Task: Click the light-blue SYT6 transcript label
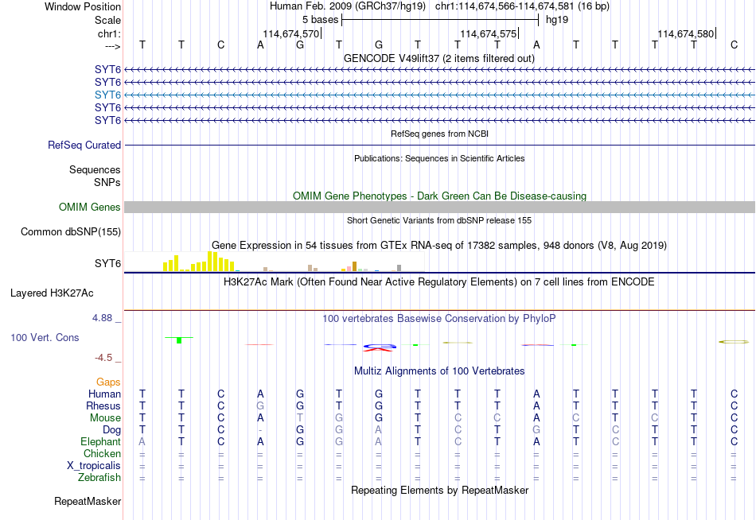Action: (x=107, y=95)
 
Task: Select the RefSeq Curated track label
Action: (x=84, y=145)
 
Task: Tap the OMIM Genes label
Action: (x=90, y=208)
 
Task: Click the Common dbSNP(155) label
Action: (x=71, y=232)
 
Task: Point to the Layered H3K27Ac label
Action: (x=52, y=293)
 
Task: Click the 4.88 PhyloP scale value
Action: (x=102, y=318)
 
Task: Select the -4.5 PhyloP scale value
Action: (x=103, y=358)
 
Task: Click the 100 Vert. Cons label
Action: (x=45, y=337)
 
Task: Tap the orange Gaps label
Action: (x=108, y=382)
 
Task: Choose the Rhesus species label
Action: (x=103, y=406)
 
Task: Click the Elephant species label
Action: (x=101, y=442)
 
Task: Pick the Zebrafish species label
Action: (x=99, y=478)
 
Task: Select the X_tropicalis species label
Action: (x=94, y=466)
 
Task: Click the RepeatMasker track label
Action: (x=88, y=501)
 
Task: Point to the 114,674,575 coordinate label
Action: (x=489, y=33)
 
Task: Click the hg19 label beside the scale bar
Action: (x=557, y=20)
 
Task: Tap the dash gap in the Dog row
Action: (x=260, y=430)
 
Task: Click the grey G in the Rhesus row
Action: (x=260, y=406)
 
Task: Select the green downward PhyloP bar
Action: (x=179, y=340)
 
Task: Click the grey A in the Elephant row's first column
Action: (x=142, y=442)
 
